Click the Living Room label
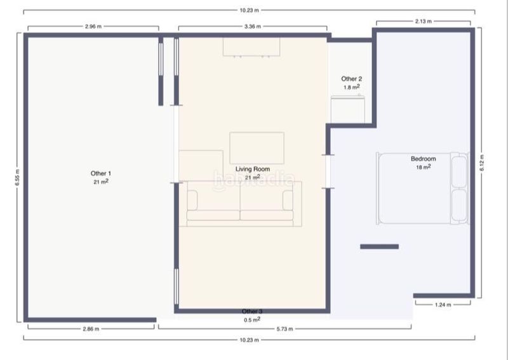pyautogui.click(x=252, y=169)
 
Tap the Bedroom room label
pyautogui.click(x=423, y=159)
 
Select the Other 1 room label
pyautogui.click(x=101, y=173)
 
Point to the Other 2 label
pyautogui.click(x=352, y=79)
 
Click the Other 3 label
pyautogui.click(x=252, y=311)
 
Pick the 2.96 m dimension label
pyautogui.click(x=93, y=27)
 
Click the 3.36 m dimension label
pyautogui.click(x=252, y=27)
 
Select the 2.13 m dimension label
pyautogui.click(x=424, y=22)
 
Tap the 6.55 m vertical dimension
pyautogui.click(x=18, y=178)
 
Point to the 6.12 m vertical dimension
pyautogui.click(x=482, y=163)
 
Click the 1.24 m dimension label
pyautogui.click(x=443, y=305)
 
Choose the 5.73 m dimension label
pyautogui.click(x=284, y=329)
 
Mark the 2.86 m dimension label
pyautogui.click(x=91, y=329)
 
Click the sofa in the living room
pyautogui.click(x=240, y=204)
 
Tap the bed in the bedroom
pyautogui.click(x=422, y=189)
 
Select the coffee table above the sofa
pyautogui.click(x=257, y=148)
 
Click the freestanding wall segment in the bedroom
pyautogui.click(x=379, y=246)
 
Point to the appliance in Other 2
pyautogui.click(x=347, y=109)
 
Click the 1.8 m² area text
pyautogui.click(x=352, y=87)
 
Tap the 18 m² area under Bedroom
pyautogui.click(x=423, y=167)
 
